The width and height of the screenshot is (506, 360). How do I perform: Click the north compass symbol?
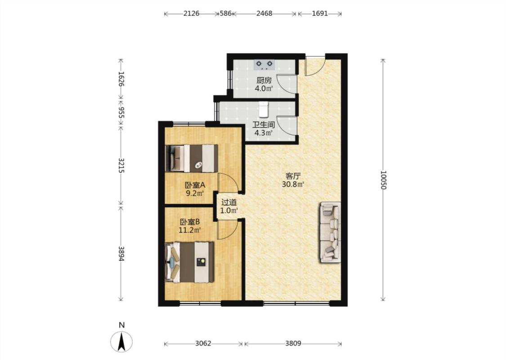(x=121, y=342)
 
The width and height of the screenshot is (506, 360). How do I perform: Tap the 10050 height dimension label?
(x=383, y=180)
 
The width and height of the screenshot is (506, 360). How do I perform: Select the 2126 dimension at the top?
(x=191, y=13)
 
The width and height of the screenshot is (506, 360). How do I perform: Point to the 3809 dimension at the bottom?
(x=293, y=343)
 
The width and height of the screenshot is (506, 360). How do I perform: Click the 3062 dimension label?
(x=203, y=343)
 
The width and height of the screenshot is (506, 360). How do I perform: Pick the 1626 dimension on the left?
(x=121, y=78)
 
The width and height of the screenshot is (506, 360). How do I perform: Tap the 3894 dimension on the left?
(x=121, y=254)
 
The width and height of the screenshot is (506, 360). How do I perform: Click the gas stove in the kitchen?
(x=264, y=64)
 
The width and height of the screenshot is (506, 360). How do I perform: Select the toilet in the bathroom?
(x=264, y=109)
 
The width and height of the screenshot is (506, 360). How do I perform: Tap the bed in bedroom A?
(x=191, y=158)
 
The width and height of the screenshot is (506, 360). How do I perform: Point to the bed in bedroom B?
(x=189, y=262)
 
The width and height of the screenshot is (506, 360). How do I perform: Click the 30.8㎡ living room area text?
(x=293, y=184)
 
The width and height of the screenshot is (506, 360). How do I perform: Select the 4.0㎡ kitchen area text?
(x=264, y=88)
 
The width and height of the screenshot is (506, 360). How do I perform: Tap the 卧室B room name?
(x=190, y=222)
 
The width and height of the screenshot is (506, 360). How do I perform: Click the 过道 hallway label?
(x=229, y=202)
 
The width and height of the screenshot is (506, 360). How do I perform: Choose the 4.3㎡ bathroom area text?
(x=264, y=132)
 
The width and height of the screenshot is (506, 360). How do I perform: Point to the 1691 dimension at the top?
(x=320, y=13)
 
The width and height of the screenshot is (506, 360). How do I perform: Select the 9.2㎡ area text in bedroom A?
(x=195, y=193)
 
